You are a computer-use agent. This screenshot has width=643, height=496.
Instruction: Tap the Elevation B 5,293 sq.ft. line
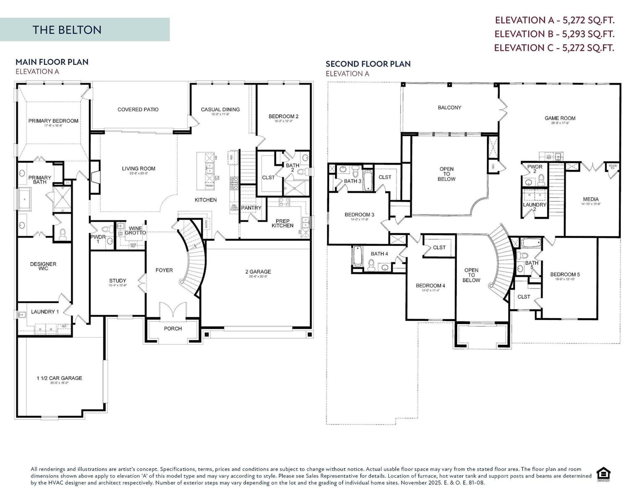pyautogui.click(x=554, y=34)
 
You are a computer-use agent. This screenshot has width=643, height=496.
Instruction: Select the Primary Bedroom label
pyautogui.click(x=53, y=121)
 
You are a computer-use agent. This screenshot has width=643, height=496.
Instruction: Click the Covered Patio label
pyautogui.click(x=138, y=110)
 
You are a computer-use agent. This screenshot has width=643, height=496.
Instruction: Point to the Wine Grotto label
pyautogui.click(x=135, y=230)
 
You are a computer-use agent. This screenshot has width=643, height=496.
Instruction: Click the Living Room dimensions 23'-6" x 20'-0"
pyautogui.click(x=138, y=174)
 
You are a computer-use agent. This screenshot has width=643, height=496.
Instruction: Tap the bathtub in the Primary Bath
pyautogui.click(x=25, y=199)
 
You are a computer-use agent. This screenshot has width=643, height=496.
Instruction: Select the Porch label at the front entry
pyautogui.click(x=172, y=329)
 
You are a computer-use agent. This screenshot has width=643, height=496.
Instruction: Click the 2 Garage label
pyautogui.click(x=258, y=272)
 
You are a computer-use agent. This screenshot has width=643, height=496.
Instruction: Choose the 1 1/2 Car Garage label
pyautogui.click(x=59, y=378)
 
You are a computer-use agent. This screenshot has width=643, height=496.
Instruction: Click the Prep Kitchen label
pyautogui.click(x=283, y=223)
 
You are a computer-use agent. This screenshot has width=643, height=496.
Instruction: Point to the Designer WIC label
pyautogui.click(x=43, y=266)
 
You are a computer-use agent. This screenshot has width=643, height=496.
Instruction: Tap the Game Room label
pyautogui.click(x=560, y=118)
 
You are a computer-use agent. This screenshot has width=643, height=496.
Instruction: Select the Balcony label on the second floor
pyautogui.click(x=449, y=107)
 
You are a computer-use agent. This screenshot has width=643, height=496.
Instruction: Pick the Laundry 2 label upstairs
pyautogui.click(x=535, y=207)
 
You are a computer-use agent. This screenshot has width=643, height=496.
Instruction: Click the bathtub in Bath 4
pyautogui.click(x=357, y=256)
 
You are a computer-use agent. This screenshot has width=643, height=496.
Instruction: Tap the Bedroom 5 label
pyautogui.click(x=565, y=275)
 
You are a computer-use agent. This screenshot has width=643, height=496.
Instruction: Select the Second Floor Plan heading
pyautogui.click(x=368, y=64)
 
